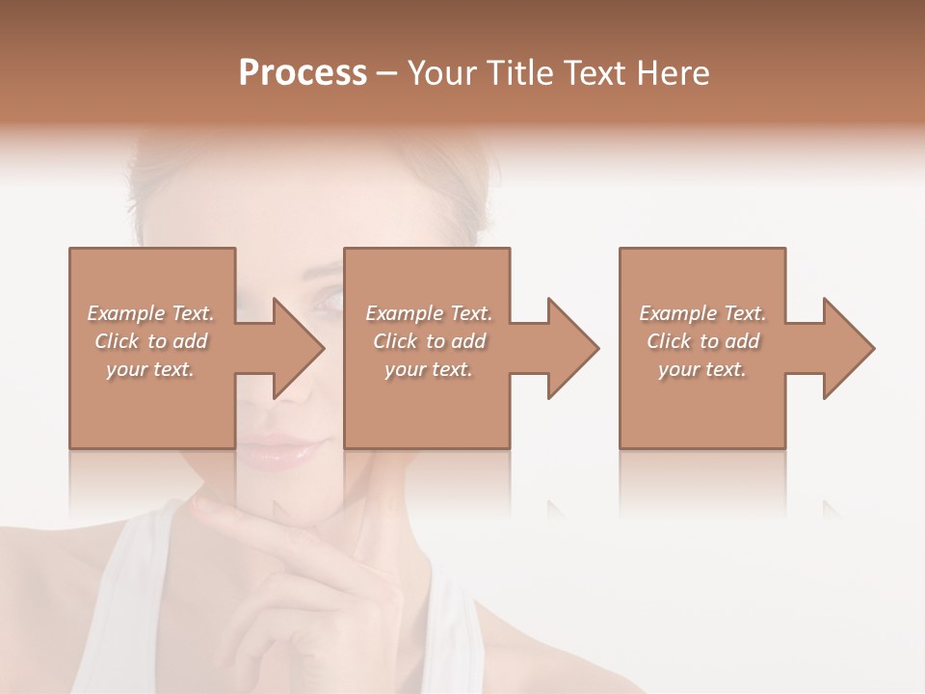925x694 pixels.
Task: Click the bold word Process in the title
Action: click(x=303, y=73)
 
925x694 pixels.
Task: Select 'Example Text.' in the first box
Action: click(x=150, y=313)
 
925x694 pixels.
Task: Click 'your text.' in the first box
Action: click(x=150, y=369)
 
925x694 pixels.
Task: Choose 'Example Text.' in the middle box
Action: click(x=429, y=313)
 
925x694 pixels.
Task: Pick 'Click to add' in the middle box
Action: click(x=429, y=341)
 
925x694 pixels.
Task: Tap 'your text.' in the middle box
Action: click(x=429, y=369)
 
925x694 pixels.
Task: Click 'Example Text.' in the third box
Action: click(x=702, y=313)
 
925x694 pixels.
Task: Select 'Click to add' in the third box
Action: click(x=702, y=341)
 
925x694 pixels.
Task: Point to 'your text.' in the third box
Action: click(x=702, y=369)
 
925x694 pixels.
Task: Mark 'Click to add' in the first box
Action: click(x=150, y=341)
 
